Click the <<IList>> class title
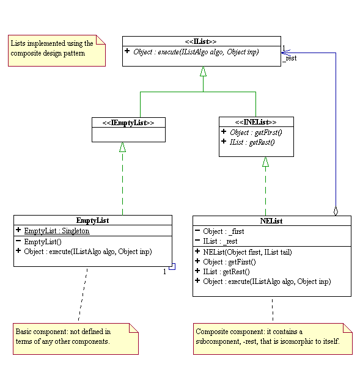(x=200, y=42)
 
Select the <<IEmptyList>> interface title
(x=128, y=123)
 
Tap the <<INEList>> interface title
(x=255, y=122)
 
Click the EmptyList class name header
(x=93, y=220)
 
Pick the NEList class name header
(x=271, y=221)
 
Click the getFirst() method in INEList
(x=255, y=133)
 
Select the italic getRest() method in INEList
(x=252, y=142)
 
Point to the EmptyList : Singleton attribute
(x=57, y=231)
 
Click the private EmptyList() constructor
(x=43, y=242)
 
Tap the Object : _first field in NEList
(x=224, y=231)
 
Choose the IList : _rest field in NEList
(x=220, y=241)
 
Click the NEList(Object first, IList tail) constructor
(x=248, y=252)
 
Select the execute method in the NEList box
(x=267, y=282)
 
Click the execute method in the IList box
(x=196, y=52)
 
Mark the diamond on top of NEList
(x=336, y=211)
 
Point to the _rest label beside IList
(x=290, y=58)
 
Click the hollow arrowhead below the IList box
(x=203, y=71)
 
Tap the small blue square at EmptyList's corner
(x=172, y=266)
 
